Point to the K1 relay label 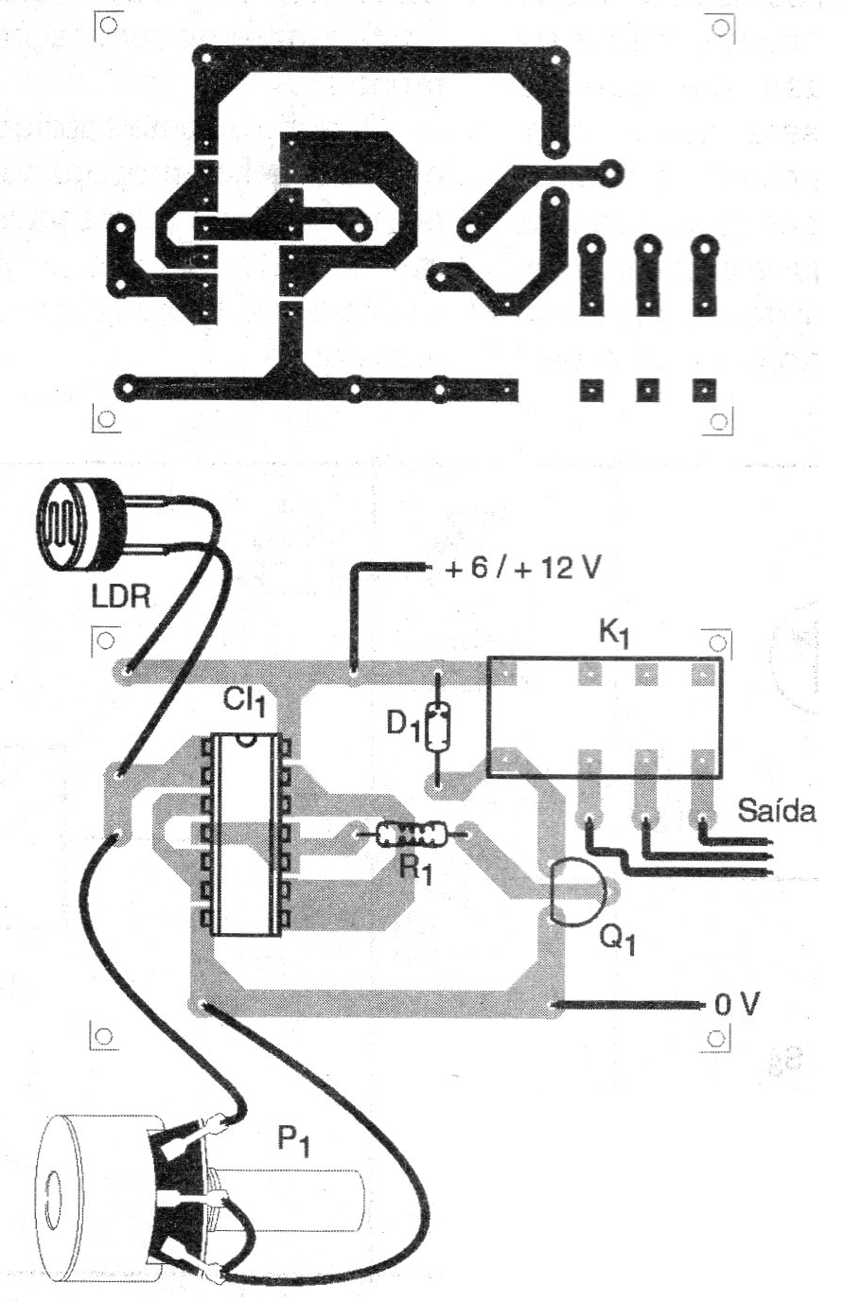tap(614, 636)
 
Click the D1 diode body tap(437, 727)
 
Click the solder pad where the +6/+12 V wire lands tap(353, 673)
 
